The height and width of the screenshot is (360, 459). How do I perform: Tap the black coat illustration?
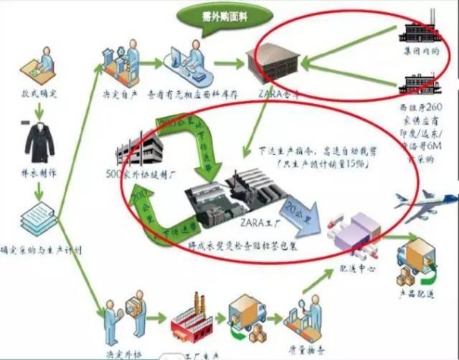click(37, 140)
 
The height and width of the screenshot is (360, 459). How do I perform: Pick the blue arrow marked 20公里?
click(300, 211)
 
